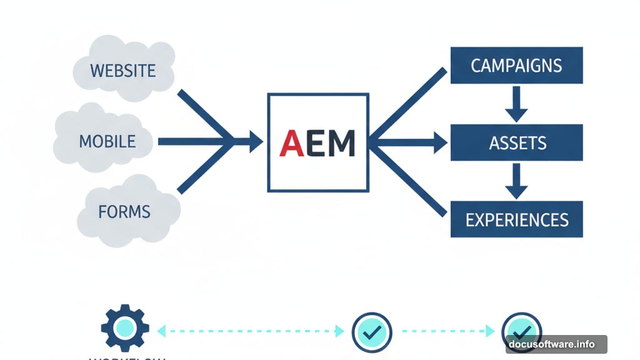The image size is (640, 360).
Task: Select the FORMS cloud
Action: (125, 211)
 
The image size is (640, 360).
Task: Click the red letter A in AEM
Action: (292, 143)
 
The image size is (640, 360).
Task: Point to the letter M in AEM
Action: (341, 143)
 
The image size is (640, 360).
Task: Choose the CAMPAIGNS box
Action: (516, 66)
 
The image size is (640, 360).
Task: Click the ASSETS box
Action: (516, 143)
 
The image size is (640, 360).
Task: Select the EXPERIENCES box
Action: (516, 219)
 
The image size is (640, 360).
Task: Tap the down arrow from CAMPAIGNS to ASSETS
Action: (516, 105)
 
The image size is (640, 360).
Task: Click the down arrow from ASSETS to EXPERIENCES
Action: (516, 182)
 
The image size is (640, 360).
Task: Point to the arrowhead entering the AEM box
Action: (255, 142)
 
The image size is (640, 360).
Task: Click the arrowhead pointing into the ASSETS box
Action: (441, 142)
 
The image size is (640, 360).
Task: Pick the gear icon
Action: (125, 327)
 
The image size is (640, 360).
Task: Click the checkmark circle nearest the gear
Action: (372, 332)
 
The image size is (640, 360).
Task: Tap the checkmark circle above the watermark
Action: (521, 329)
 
